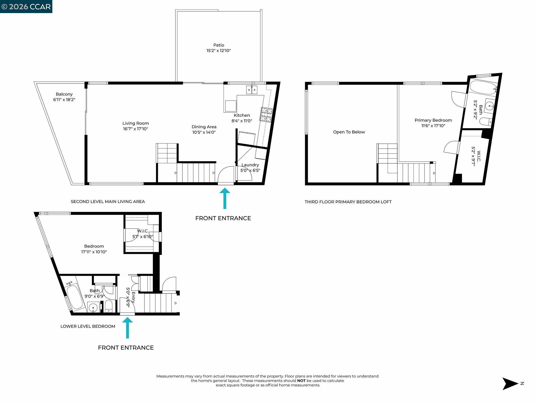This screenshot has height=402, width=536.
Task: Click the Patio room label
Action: (x=219, y=45)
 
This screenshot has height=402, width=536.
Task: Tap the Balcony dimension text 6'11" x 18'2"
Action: (x=64, y=100)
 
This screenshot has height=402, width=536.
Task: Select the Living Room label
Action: (x=136, y=123)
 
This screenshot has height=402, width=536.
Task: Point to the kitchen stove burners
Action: (x=266, y=115)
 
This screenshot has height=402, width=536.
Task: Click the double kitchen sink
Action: (x=252, y=90)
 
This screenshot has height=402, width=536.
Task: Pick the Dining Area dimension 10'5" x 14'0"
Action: (x=204, y=132)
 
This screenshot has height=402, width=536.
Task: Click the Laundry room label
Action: (x=250, y=165)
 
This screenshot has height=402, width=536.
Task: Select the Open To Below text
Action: (x=349, y=132)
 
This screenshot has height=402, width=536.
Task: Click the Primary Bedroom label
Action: (x=433, y=120)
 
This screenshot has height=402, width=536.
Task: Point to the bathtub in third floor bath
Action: (x=482, y=88)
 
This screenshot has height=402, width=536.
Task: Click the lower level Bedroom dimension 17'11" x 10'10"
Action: (x=94, y=252)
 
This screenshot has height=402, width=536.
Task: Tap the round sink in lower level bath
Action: (x=93, y=307)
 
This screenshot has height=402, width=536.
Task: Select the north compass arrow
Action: (x=510, y=384)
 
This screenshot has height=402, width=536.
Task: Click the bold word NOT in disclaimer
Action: (x=301, y=381)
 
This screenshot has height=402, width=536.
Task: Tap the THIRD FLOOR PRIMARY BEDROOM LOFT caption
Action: (x=348, y=202)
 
